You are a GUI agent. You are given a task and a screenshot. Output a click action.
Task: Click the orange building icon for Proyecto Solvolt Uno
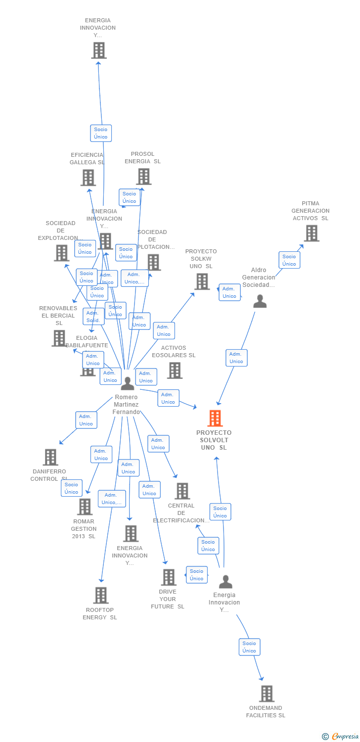click(215, 418)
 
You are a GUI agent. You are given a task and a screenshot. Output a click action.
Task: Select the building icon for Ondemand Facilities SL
click(267, 694)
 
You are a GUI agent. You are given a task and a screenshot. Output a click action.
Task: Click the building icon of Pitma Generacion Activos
click(311, 233)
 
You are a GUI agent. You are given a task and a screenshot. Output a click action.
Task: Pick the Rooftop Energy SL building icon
click(101, 595)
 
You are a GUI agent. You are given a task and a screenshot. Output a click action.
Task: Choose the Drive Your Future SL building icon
click(169, 577)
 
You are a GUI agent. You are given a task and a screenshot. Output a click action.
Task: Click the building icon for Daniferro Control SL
click(50, 457)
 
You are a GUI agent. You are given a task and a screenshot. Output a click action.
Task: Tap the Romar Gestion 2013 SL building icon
click(85, 507)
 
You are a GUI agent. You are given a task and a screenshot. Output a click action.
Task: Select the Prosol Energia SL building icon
click(143, 177)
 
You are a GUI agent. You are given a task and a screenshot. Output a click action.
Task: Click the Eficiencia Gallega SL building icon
click(88, 178)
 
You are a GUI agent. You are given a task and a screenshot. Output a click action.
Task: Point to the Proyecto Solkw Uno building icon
click(202, 281)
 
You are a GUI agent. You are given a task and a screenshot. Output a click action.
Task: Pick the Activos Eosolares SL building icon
click(174, 370)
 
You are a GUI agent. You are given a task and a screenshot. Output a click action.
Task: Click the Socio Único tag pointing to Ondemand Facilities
click(249, 647)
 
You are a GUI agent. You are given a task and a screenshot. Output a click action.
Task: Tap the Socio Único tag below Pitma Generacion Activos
click(289, 260)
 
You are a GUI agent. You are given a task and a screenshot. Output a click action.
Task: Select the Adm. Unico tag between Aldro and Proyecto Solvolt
click(236, 358)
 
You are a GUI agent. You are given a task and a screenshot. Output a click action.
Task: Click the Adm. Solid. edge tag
click(93, 317)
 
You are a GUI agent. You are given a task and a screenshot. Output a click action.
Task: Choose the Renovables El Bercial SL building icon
click(59, 338)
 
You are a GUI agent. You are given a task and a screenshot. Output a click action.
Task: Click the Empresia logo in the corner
click(340, 737)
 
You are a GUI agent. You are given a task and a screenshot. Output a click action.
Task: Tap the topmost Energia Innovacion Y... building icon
click(99, 50)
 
